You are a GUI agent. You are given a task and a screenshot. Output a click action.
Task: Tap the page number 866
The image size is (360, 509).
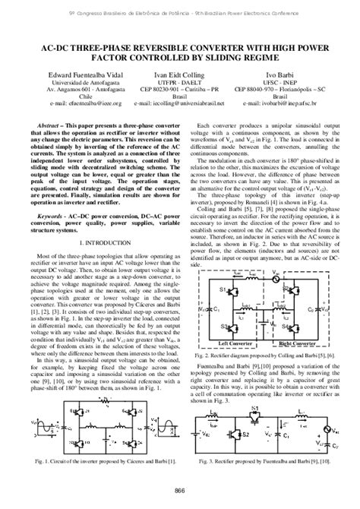(180, 490)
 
